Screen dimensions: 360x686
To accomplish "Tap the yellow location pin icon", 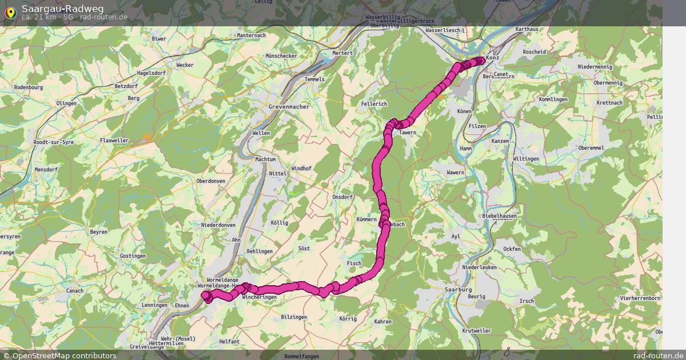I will (x=10, y=12).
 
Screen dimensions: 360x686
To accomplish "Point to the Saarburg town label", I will (x=458, y=290).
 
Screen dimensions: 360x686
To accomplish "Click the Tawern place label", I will (x=408, y=133).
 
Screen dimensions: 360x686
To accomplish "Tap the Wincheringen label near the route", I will (x=259, y=298).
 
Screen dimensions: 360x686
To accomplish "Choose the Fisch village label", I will (x=354, y=263).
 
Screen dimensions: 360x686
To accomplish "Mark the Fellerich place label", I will (x=374, y=103).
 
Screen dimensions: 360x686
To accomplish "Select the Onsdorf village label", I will (x=342, y=197).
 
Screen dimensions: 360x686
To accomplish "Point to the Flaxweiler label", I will (x=114, y=140).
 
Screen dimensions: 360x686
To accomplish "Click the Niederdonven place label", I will (x=218, y=225).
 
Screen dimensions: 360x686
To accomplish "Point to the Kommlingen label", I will (x=553, y=99).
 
